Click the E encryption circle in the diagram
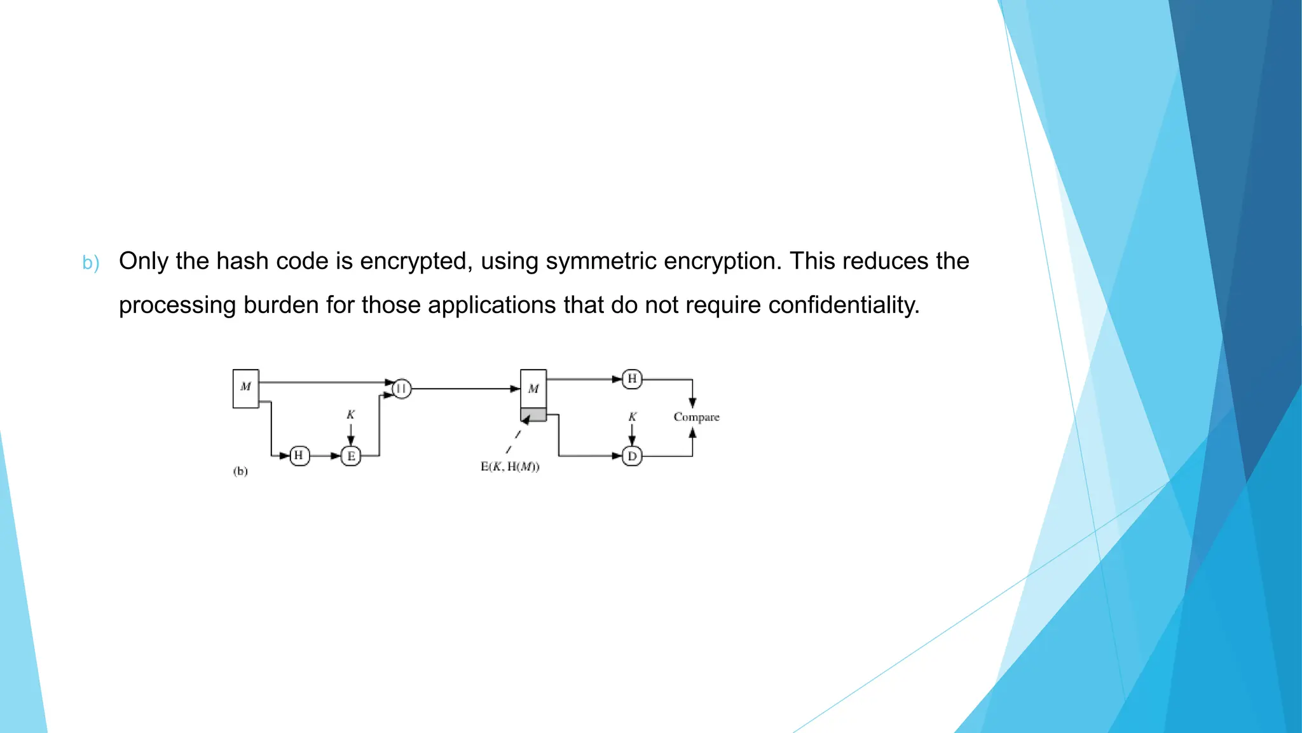(351, 456)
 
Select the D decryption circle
(632, 456)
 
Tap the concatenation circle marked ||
(402, 388)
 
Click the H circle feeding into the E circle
(299, 456)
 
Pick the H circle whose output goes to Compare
(632, 379)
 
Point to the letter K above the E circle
(350, 415)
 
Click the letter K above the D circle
(632, 417)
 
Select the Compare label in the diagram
(696, 417)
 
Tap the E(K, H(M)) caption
(510, 467)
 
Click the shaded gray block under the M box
(533, 415)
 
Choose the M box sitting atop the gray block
(533, 389)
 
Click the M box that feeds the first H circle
(246, 388)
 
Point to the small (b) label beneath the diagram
(240, 471)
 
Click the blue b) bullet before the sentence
(91, 263)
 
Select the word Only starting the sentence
(144, 262)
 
